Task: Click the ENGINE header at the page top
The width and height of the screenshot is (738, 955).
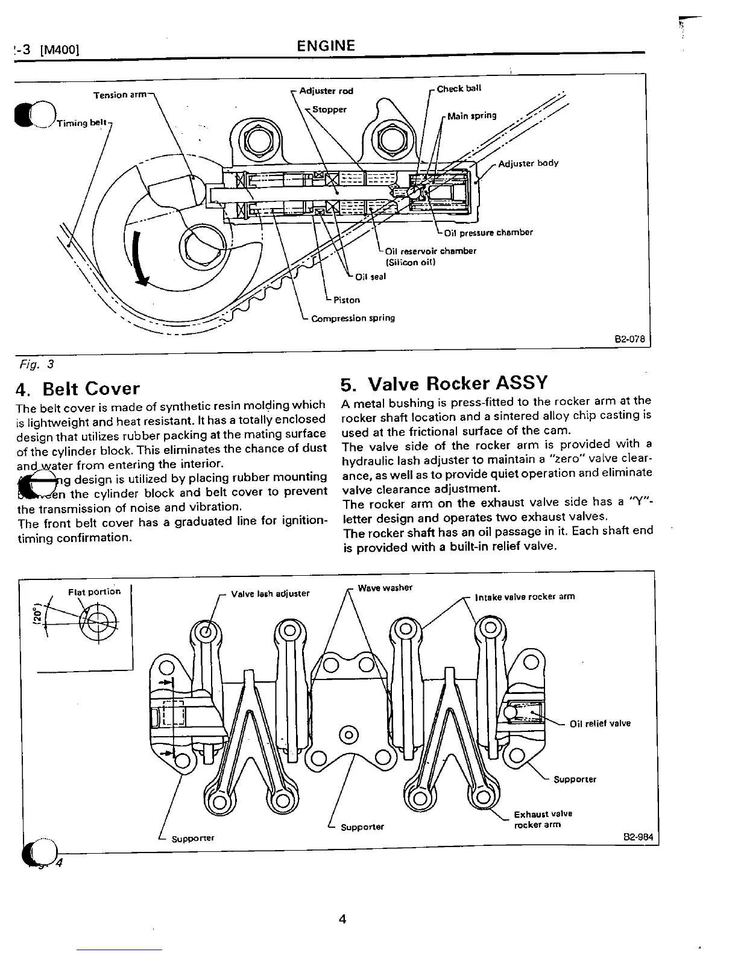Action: tap(326, 46)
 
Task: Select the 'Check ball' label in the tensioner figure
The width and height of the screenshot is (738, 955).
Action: tap(459, 89)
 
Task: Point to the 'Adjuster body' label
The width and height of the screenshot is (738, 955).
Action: tap(528, 163)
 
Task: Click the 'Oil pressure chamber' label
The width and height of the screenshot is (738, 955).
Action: tap(488, 233)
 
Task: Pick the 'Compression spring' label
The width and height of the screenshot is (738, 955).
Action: tap(353, 318)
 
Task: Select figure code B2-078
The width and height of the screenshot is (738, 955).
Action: tap(629, 339)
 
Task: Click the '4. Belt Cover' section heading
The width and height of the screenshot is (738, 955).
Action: tap(79, 388)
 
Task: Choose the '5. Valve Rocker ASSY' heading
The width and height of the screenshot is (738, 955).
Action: tap(444, 383)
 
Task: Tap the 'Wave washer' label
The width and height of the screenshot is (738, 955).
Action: tap(385, 588)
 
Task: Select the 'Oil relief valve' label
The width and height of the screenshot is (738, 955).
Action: tap(600, 723)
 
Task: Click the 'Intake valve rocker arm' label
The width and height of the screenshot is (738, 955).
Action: tap(525, 597)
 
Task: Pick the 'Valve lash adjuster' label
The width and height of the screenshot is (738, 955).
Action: tap(270, 593)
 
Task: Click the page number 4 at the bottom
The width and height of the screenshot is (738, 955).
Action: tap(342, 919)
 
